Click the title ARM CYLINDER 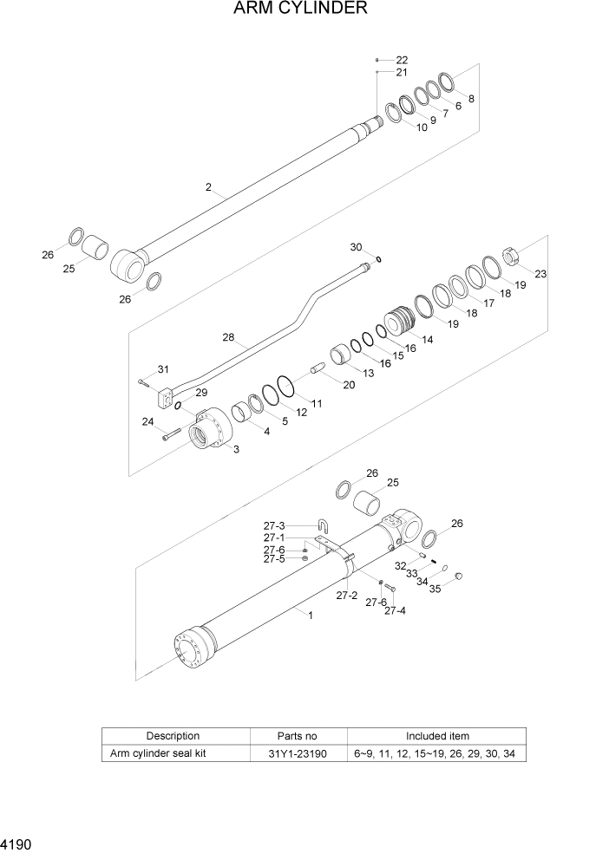(x=300, y=10)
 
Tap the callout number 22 (x=402, y=60)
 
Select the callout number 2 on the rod (x=208, y=187)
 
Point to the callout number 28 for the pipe (x=229, y=336)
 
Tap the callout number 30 (x=356, y=247)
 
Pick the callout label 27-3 (x=275, y=525)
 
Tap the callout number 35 (x=435, y=589)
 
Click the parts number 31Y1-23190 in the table (x=298, y=753)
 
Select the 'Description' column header (x=173, y=736)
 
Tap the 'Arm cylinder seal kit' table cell (x=158, y=753)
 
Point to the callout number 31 (x=163, y=369)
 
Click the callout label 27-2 (x=347, y=595)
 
